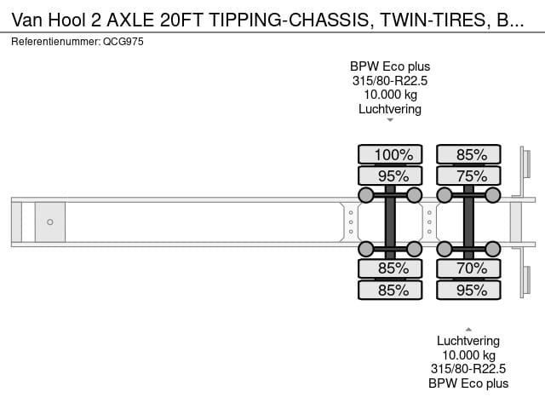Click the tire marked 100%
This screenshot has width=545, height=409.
tap(390, 154)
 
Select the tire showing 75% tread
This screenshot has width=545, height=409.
tap(468, 176)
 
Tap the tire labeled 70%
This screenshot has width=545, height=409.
tap(468, 268)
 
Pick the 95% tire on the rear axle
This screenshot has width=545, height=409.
tap(468, 290)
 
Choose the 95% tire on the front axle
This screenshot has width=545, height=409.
tap(390, 176)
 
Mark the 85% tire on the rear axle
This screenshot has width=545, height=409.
tap(468, 154)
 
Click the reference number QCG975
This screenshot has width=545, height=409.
tap(123, 42)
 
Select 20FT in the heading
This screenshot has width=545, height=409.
tap(181, 20)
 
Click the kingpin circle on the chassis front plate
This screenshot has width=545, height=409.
tap(50, 222)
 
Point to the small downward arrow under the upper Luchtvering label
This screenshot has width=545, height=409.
tap(390, 120)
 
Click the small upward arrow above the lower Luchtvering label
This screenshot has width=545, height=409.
tap(468, 330)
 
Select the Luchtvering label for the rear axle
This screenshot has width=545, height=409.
tap(468, 341)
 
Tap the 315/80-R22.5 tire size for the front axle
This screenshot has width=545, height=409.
tap(390, 81)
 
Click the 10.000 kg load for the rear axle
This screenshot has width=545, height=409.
tap(468, 355)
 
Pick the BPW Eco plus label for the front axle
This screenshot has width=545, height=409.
tap(390, 66)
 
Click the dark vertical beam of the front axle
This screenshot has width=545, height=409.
tap(390, 222)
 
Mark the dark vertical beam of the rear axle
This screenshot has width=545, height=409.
tap(468, 222)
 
